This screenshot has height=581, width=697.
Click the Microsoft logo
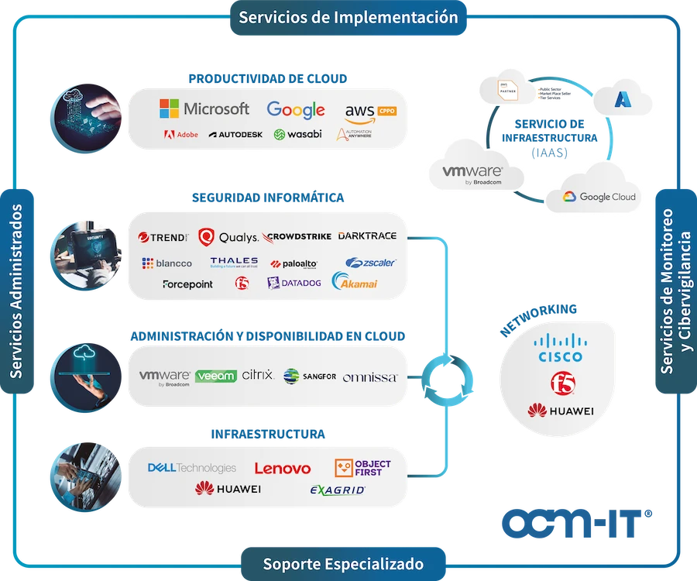point(204,109)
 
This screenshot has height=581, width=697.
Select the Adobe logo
point(181,134)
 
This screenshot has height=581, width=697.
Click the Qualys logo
point(228,236)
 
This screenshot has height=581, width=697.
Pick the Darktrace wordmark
point(366,235)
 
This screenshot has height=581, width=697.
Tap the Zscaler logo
point(370,263)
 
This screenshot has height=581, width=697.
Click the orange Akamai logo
point(355,282)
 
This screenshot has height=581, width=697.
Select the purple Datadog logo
point(294,283)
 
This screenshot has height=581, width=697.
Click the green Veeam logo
point(216,376)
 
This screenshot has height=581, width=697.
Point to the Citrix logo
point(258,376)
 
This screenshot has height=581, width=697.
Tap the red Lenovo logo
point(282,469)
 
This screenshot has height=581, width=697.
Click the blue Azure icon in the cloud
point(623,99)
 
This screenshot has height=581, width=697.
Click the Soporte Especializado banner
point(343,563)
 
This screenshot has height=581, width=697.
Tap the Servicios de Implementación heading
point(348,17)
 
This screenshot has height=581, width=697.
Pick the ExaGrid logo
point(337,490)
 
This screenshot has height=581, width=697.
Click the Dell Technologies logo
point(191,468)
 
